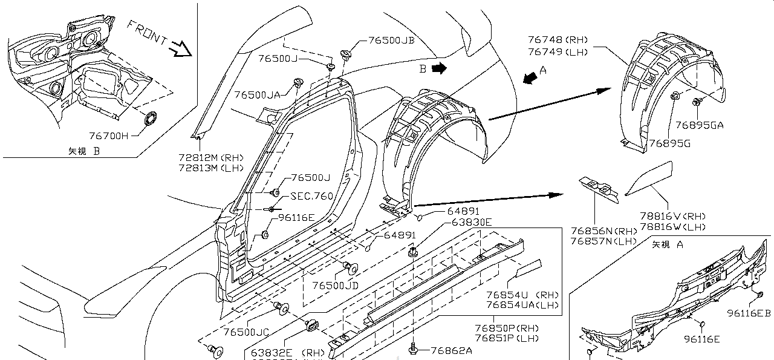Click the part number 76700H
tap(109, 137)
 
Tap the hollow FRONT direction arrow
tap(180, 48)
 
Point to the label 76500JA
tap(258, 95)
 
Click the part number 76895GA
tap(700, 125)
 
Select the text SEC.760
tap(311, 196)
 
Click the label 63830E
tap(472, 222)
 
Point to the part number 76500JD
tap(335, 285)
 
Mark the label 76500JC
tap(246, 332)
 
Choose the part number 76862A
tap(452, 350)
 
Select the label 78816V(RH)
tap(672, 216)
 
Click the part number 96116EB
tap(749, 313)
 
